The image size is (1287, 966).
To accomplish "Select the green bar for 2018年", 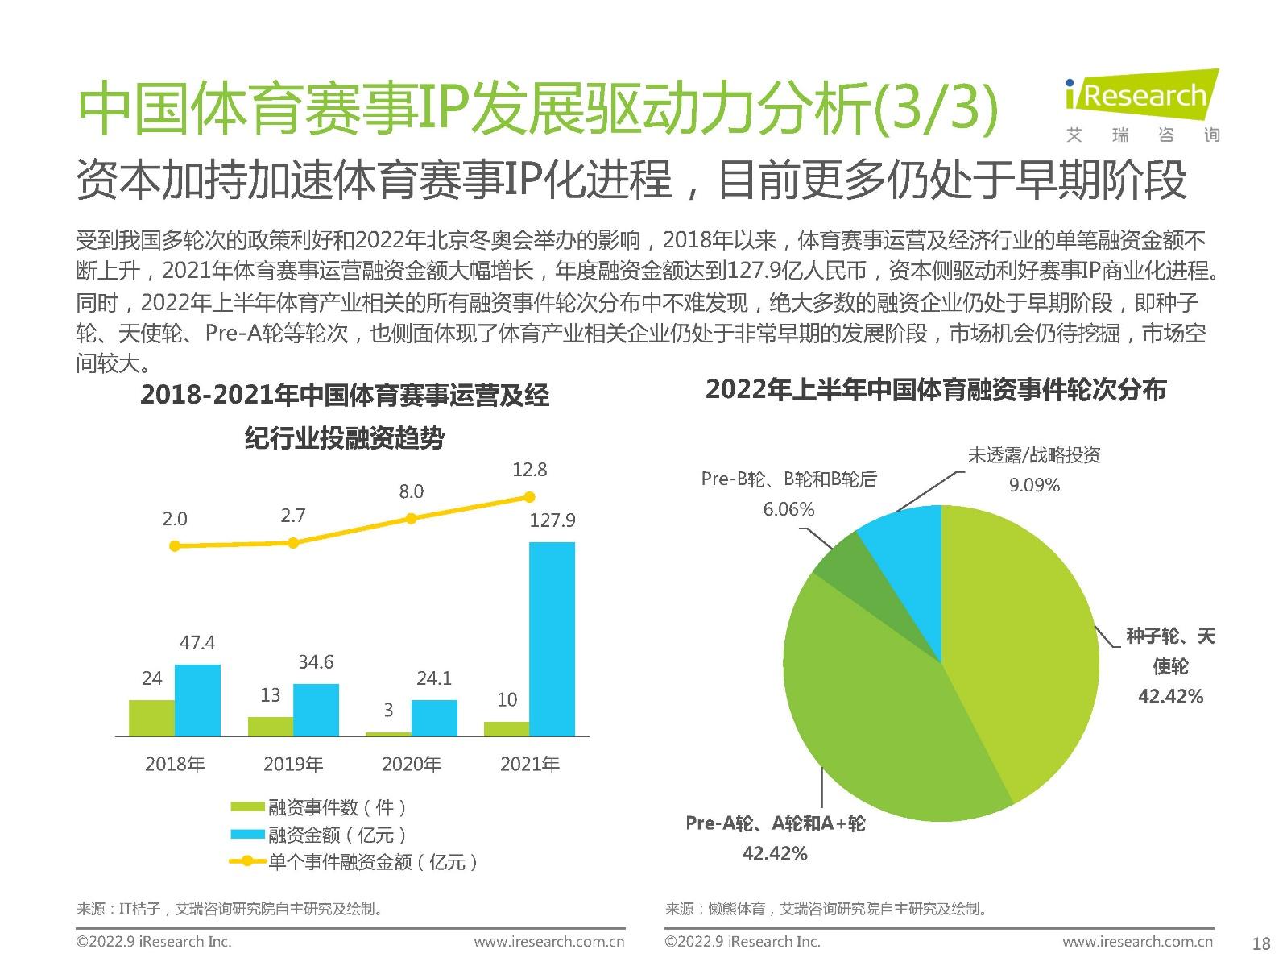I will [x=151, y=718].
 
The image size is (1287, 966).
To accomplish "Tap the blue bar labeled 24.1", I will [x=434, y=718].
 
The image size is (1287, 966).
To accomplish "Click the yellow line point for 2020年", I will [x=411, y=519].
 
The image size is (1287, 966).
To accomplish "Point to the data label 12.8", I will [x=529, y=470].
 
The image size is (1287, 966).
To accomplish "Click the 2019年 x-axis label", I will [x=293, y=764].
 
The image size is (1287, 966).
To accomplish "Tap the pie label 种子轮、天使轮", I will [x=1169, y=651].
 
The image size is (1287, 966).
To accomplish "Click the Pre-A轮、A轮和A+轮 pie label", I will [x=775, y=823].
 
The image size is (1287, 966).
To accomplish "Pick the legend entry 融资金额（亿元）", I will [x=337, y=835].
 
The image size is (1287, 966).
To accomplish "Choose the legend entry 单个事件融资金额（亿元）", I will [x=372, y=862].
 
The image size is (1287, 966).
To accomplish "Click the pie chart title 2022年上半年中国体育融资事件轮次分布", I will [x=935, y=391].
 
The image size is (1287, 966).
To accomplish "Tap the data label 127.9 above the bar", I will [x=552, y=520].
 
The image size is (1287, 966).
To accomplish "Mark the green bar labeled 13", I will [x=270, y=727].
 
